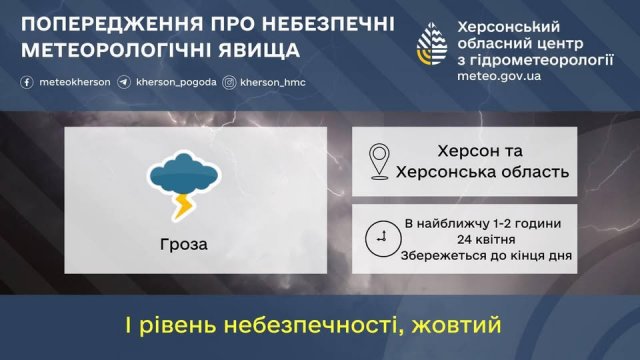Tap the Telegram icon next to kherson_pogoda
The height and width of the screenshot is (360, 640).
click(x=122, y=84)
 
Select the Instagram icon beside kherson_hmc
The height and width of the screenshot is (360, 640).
click(x=229, y=84)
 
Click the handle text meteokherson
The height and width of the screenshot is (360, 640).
click(x=70, y=84)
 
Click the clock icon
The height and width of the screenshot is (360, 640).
click(x=380, y=237)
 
